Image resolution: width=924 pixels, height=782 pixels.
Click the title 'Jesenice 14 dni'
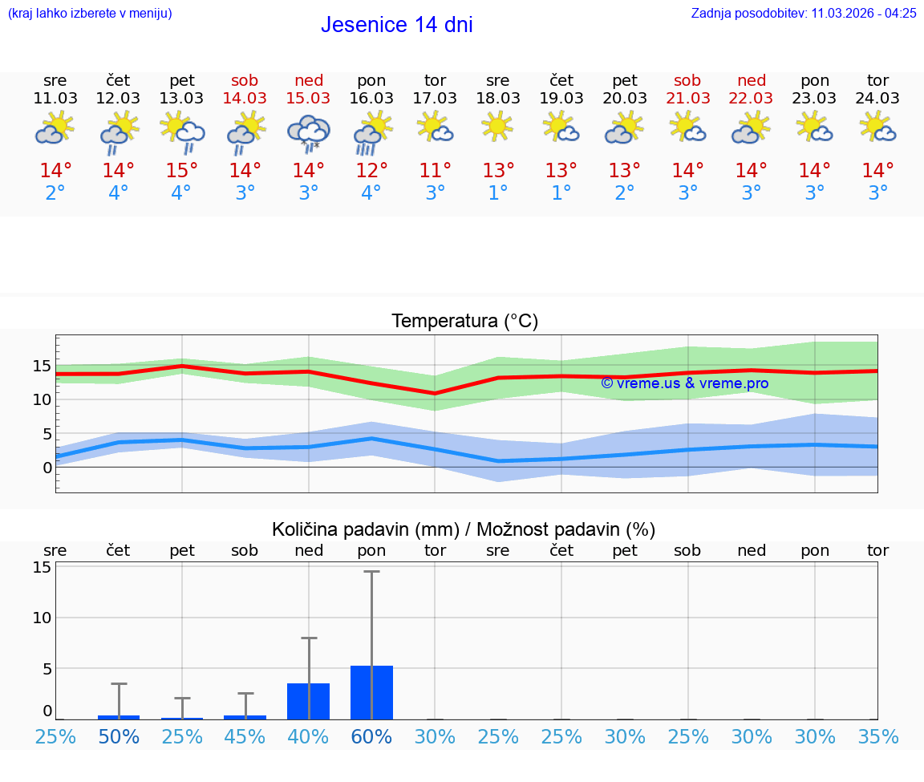(396, 25)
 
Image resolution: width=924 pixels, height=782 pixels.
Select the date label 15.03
(308, 98)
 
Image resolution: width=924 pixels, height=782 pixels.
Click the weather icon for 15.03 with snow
(308, 131)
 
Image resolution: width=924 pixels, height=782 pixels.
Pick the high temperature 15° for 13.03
(182, 171)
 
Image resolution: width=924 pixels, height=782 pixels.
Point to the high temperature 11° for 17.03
(435, 171)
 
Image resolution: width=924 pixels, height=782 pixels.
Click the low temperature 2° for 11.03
(55, 193)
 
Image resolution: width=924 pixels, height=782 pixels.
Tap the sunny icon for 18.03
(497, 127)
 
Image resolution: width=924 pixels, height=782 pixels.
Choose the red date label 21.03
(687, 98)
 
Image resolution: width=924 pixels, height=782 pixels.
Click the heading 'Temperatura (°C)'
(464, 322)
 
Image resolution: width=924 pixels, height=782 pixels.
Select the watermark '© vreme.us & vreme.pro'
(684, 383)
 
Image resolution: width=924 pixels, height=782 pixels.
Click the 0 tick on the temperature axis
(47, 468)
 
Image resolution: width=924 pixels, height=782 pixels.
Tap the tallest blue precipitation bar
(371, 692)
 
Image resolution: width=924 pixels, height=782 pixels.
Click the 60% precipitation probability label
(371, 736)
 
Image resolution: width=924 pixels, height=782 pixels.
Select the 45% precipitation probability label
(245, 736)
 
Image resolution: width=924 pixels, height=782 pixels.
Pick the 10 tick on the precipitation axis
(42, 618)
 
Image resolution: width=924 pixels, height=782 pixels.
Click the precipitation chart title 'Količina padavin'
(464, 529)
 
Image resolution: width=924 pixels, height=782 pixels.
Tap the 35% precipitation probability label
(877, 736)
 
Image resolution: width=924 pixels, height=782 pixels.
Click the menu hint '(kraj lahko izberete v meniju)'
(90, 13)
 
